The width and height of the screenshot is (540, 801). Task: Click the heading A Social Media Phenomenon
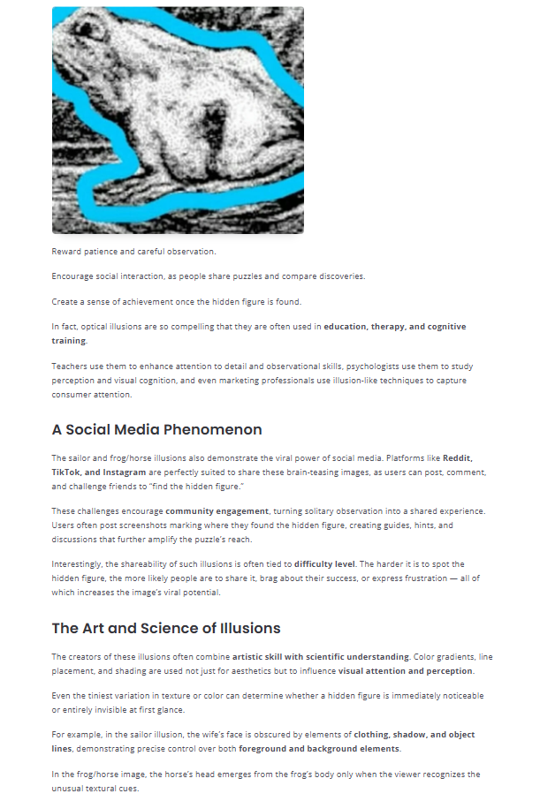pyautogui.click(x=156, y=430)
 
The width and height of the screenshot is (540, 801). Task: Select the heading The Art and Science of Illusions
pyautogui.click(x=166, y=629)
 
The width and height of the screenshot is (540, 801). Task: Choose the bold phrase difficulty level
pyautogui.click(x=325, y=563)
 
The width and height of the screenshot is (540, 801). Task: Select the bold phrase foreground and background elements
pyautogui.click(x=319, y=749)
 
